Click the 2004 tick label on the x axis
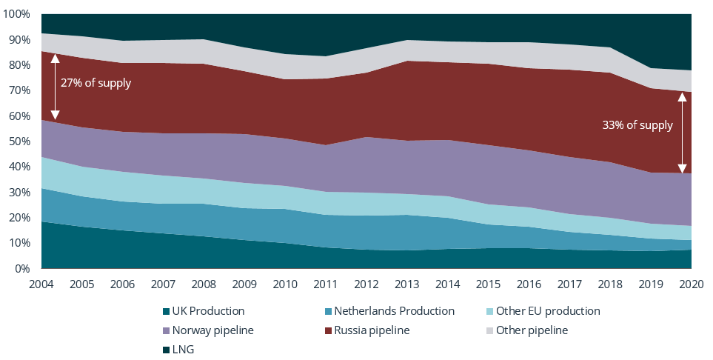coord(41,283)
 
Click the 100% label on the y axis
coord(18,14)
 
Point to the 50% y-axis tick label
coord(20,141)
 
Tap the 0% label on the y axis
coord(23,269)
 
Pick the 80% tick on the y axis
coord(20,65)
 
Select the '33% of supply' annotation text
coord(637,125)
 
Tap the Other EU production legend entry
coord(541,311)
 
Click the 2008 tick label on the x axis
coord(204,283)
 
